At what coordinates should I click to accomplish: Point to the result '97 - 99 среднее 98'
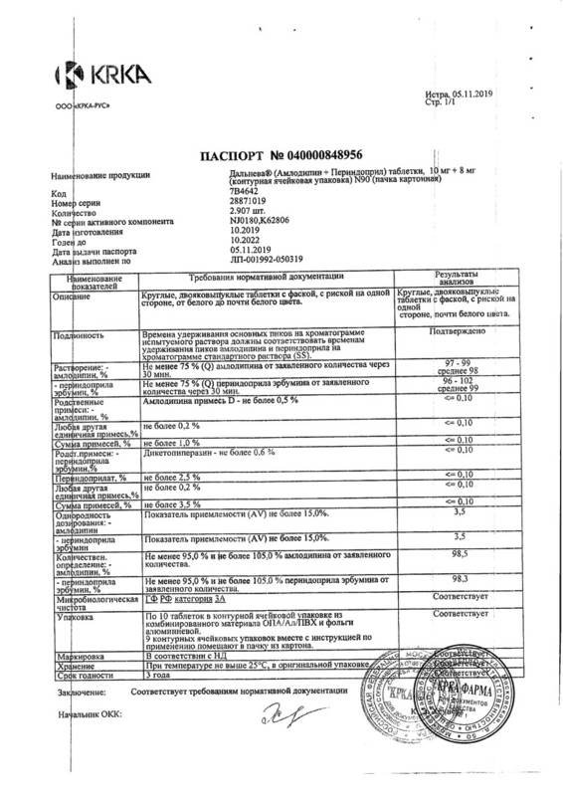(x=453, y=370)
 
